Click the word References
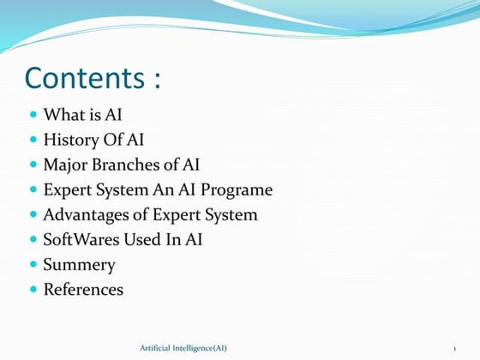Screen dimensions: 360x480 [83, 290]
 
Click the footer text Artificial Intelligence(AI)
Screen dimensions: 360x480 [183, 347]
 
